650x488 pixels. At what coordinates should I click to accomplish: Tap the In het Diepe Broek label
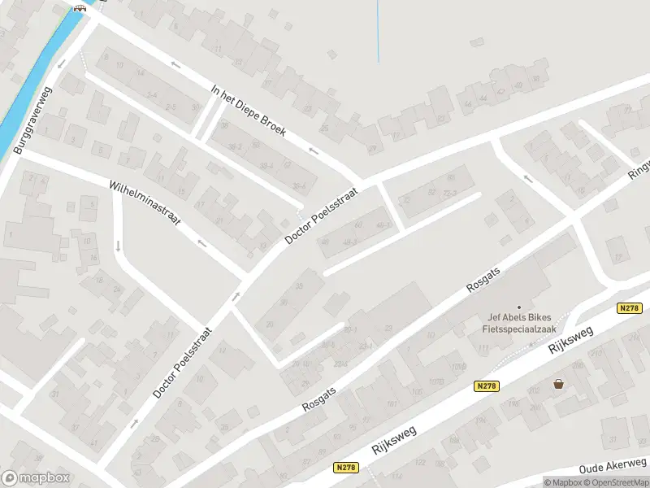click(249, 111)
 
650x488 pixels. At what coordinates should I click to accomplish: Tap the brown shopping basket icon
click(558, 384)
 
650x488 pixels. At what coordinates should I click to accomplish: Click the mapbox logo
click(34, 478)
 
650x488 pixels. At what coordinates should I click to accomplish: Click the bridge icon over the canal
click(79, 8)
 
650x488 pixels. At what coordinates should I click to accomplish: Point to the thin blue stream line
click(379, 33)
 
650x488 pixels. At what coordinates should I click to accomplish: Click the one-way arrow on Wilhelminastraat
click(201, 243)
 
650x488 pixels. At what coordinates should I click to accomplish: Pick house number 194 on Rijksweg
click(513, 404)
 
